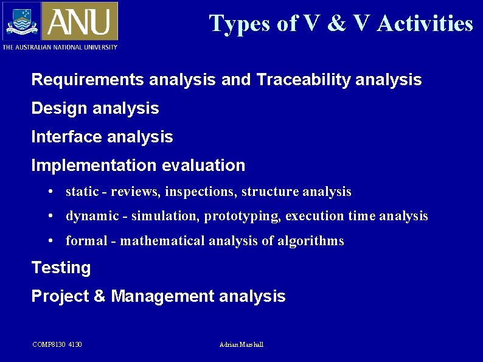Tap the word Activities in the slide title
(x=425, y=24)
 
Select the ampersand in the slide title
(x=335, y=24)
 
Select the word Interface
(x=67, y=137)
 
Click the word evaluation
(x=204, y=165)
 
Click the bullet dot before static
(x=52, y=192)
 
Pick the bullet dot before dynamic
(x=52, y=217)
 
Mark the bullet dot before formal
(x=52, y=242)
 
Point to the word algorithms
(x=311, y=241)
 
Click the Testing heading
(x=61, y=268)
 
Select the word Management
(x=162, y=296)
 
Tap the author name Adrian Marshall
(x=241, y=345)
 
